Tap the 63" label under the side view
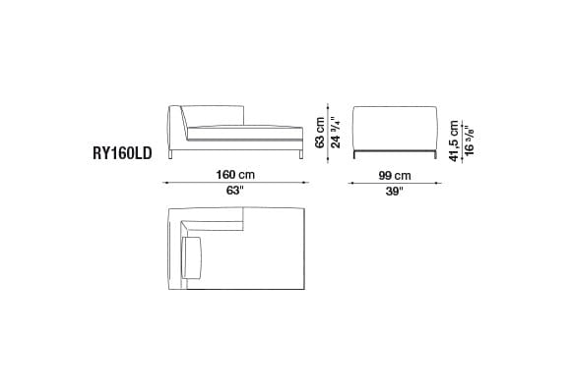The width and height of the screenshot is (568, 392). click(x=233, y=192)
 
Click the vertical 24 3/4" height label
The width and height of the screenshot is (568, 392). click(x=336, y=129)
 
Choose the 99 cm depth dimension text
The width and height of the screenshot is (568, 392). click(x=394, y=175)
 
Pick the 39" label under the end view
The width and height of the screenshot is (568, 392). click(x=394, y=192)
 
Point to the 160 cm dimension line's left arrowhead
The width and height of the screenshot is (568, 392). click(x=166, y=183)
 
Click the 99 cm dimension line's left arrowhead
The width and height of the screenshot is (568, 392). click(x=351, y=183)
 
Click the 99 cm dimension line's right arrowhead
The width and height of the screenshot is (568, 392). click(x=436, y=183)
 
